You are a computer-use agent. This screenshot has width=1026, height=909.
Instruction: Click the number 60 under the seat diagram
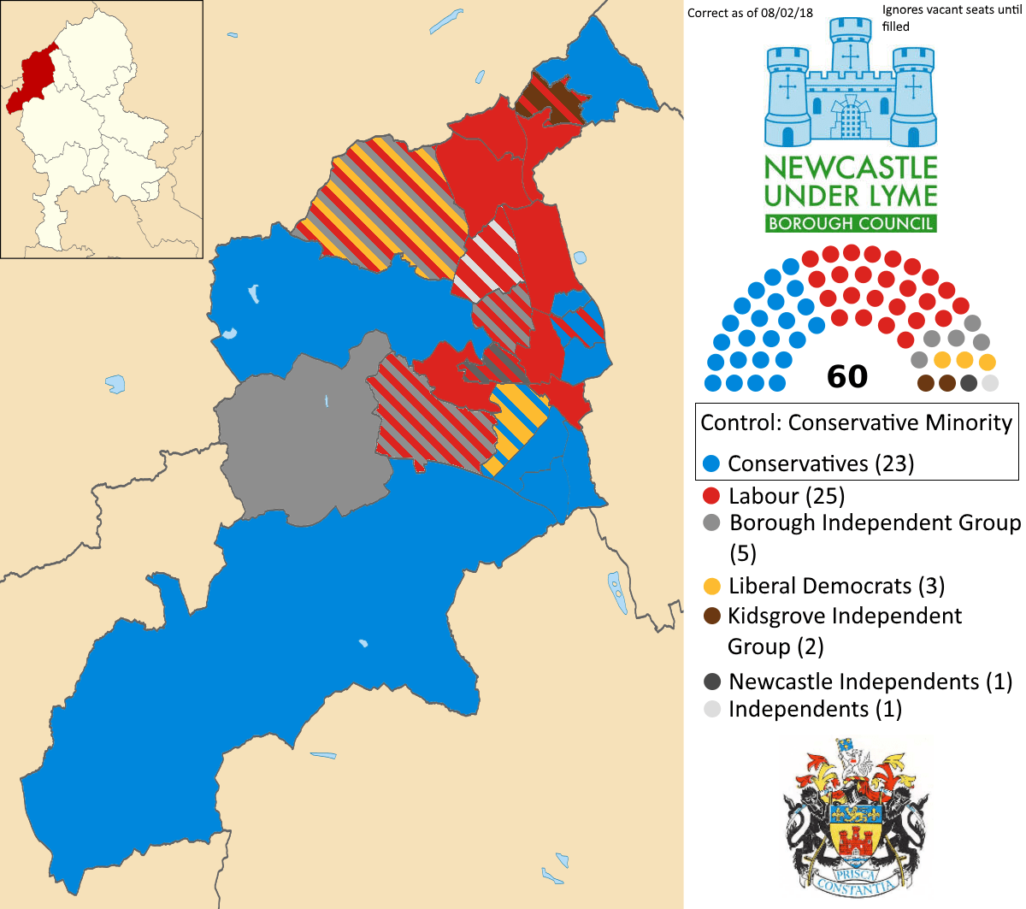pyautogui.click(x=847, y=376)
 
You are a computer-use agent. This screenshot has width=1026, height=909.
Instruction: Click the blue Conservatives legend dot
pyautogui.click(x=711, y=464)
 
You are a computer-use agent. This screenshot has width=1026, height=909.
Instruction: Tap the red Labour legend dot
pyautogui.click(x=711, y=496)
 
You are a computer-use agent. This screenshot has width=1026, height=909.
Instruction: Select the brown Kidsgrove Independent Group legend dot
pyautogui.click(x=711, y=617)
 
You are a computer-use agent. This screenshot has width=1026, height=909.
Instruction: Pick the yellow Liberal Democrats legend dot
pyautogui.click(x=711, y=587)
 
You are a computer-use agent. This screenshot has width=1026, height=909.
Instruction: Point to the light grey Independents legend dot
pyautogui.click(x=711, y=709)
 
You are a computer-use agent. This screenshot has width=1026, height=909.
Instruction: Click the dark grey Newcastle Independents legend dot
pyautogui.click(x=711, y=682)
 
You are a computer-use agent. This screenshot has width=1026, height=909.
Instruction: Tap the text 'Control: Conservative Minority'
pyautogui.click(x=856, y=422)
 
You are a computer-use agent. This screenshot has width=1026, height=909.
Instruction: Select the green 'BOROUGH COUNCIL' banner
pyautogui.click(x=851, y=224)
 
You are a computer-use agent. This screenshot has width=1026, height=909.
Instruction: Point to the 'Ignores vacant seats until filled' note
pyautogui.click(x=952, y=18)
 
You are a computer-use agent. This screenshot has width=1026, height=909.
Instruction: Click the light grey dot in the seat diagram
pyautogui.click(x=989, y=383)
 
